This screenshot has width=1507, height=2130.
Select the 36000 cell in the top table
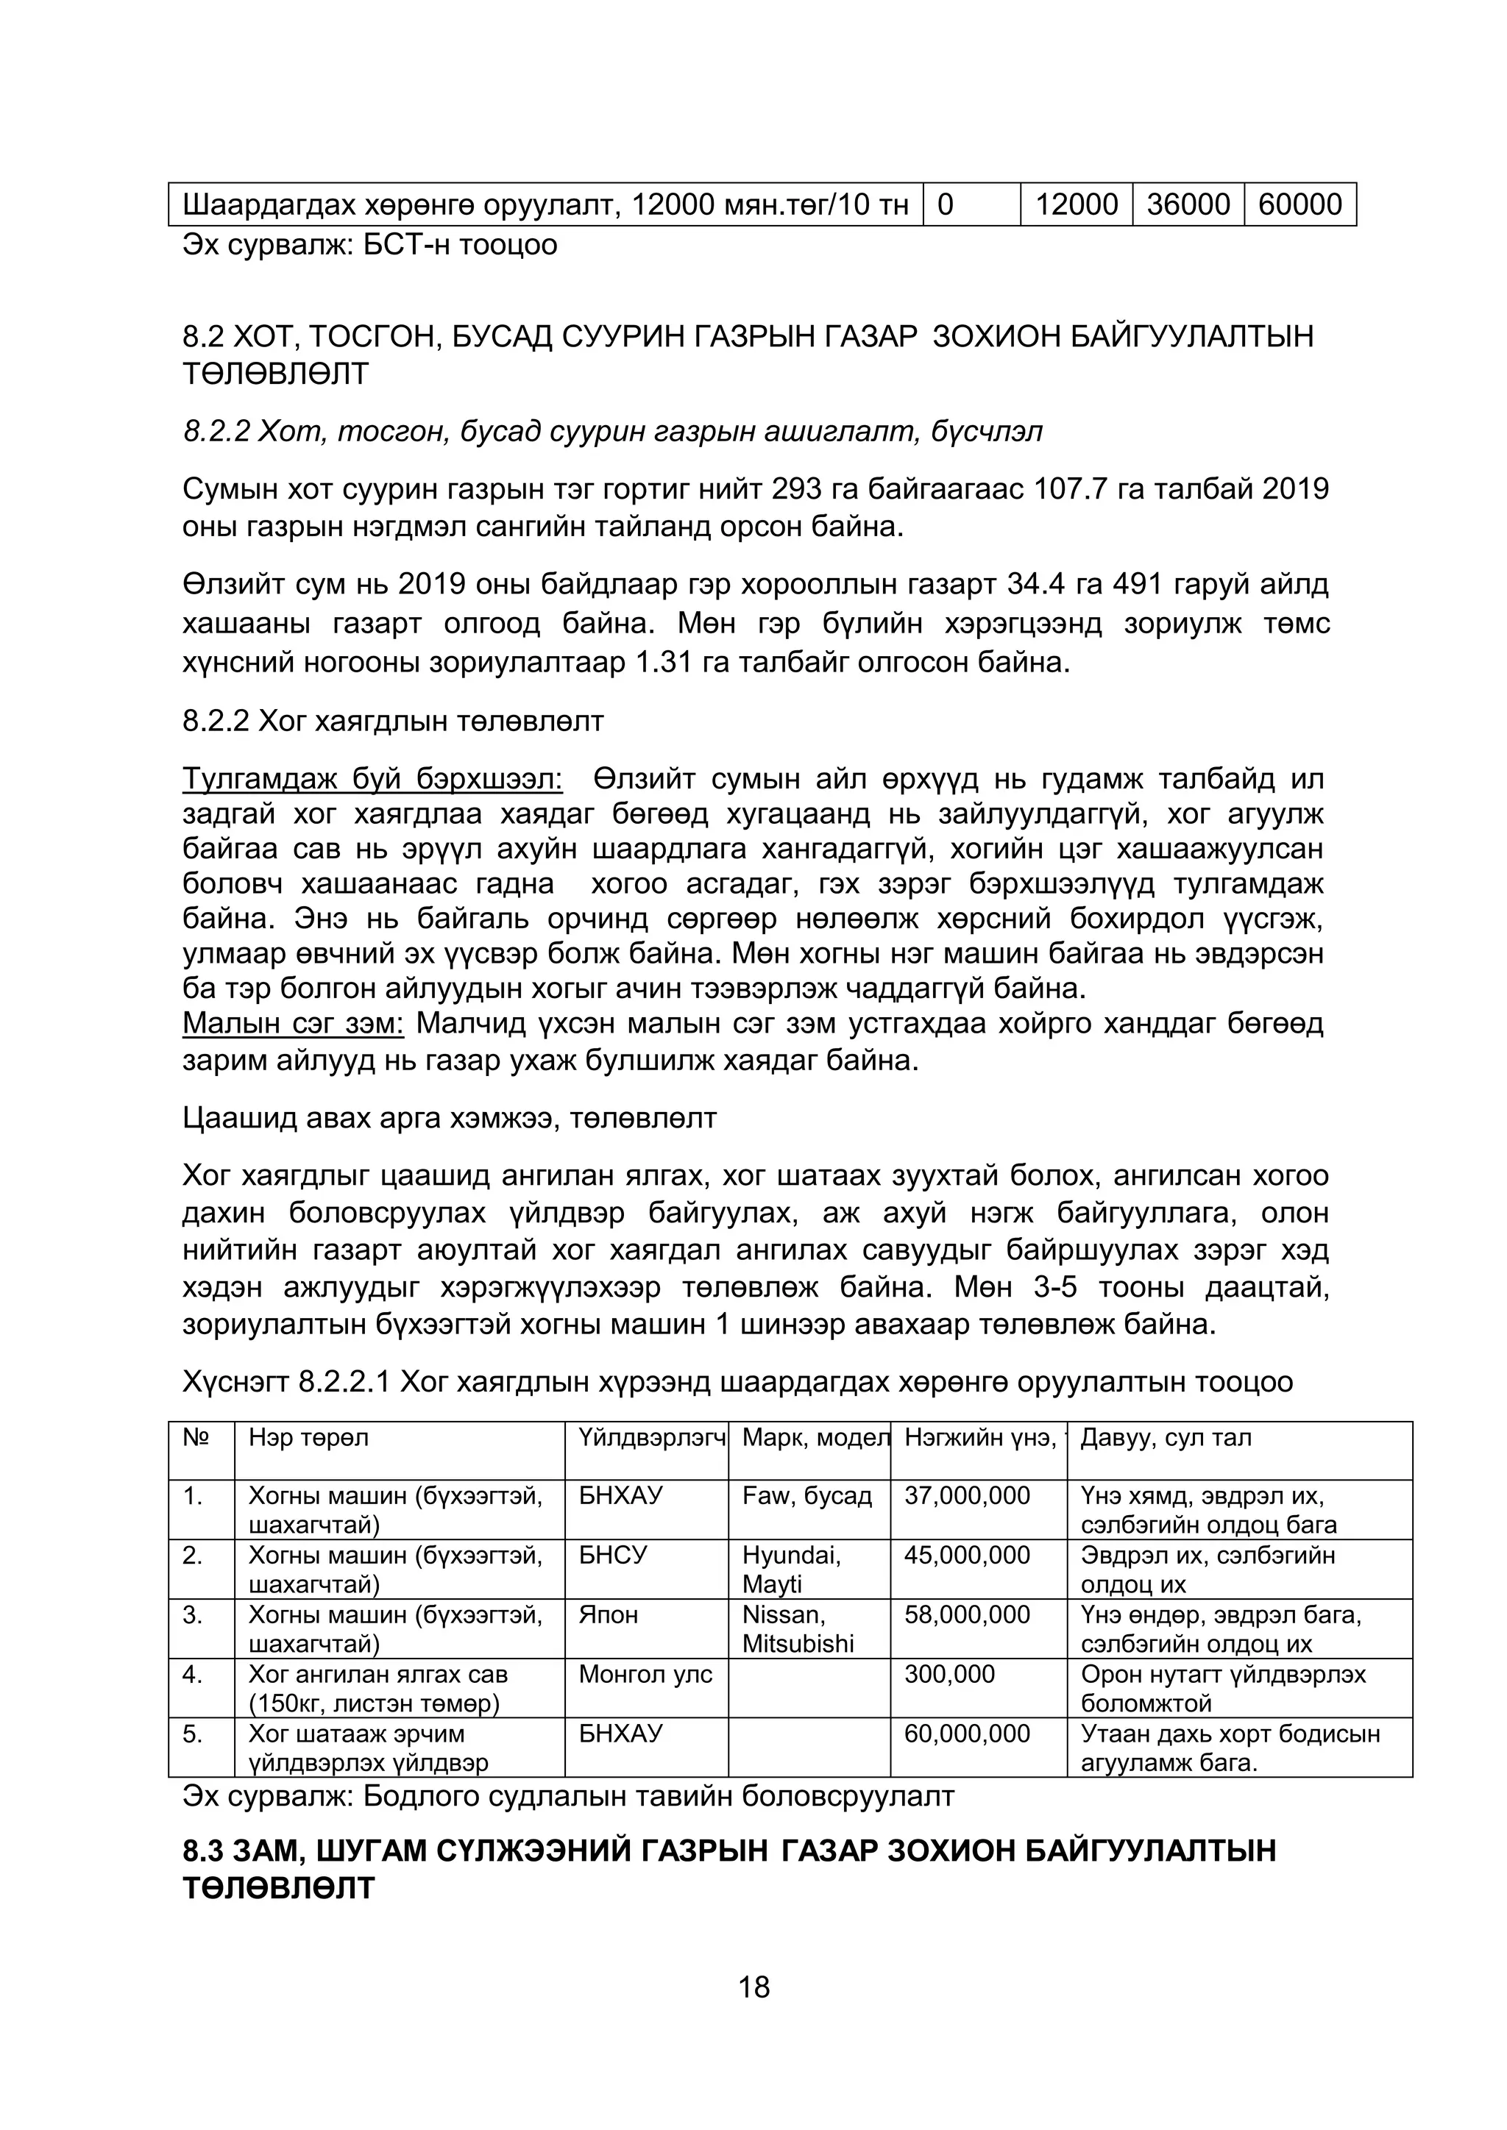pos(1188,204)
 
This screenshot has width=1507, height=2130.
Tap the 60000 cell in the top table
pos(1299,204)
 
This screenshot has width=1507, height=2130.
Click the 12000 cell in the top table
pos(1076,204)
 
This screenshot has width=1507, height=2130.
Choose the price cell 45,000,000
pos(967,1555)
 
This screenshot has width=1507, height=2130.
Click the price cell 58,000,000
pos(967,1614)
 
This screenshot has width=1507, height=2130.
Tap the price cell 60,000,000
pos(967,1733)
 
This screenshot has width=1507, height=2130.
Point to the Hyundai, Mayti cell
pos(792,1569)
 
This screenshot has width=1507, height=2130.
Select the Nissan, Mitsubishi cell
pos(797,1628)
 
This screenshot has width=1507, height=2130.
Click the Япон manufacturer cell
pos(608,1614)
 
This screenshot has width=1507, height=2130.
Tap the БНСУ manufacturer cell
pos(611,1555)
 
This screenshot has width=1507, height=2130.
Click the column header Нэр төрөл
pos(308,1437)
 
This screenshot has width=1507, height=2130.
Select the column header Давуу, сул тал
pos(1166,1437)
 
